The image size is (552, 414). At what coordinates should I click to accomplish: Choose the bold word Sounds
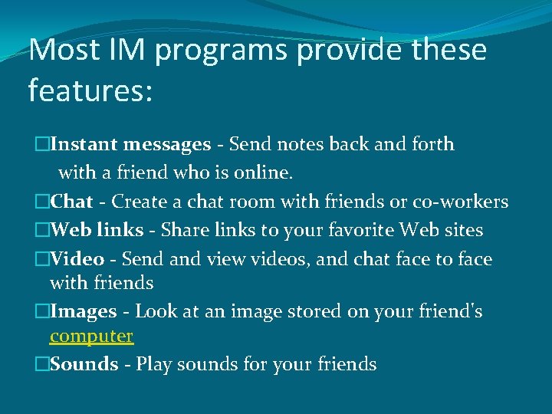(x=84, y=363)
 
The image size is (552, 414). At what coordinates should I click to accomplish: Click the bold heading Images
(x=84, y=312)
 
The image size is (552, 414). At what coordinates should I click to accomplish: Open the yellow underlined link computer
(x=91, y=336)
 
